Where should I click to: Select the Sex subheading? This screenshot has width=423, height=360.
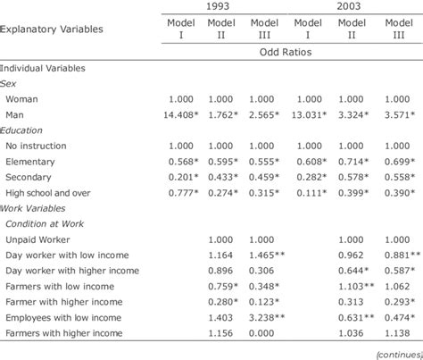click(x=9, y=82)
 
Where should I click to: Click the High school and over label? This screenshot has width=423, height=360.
click(x=50, y=194)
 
